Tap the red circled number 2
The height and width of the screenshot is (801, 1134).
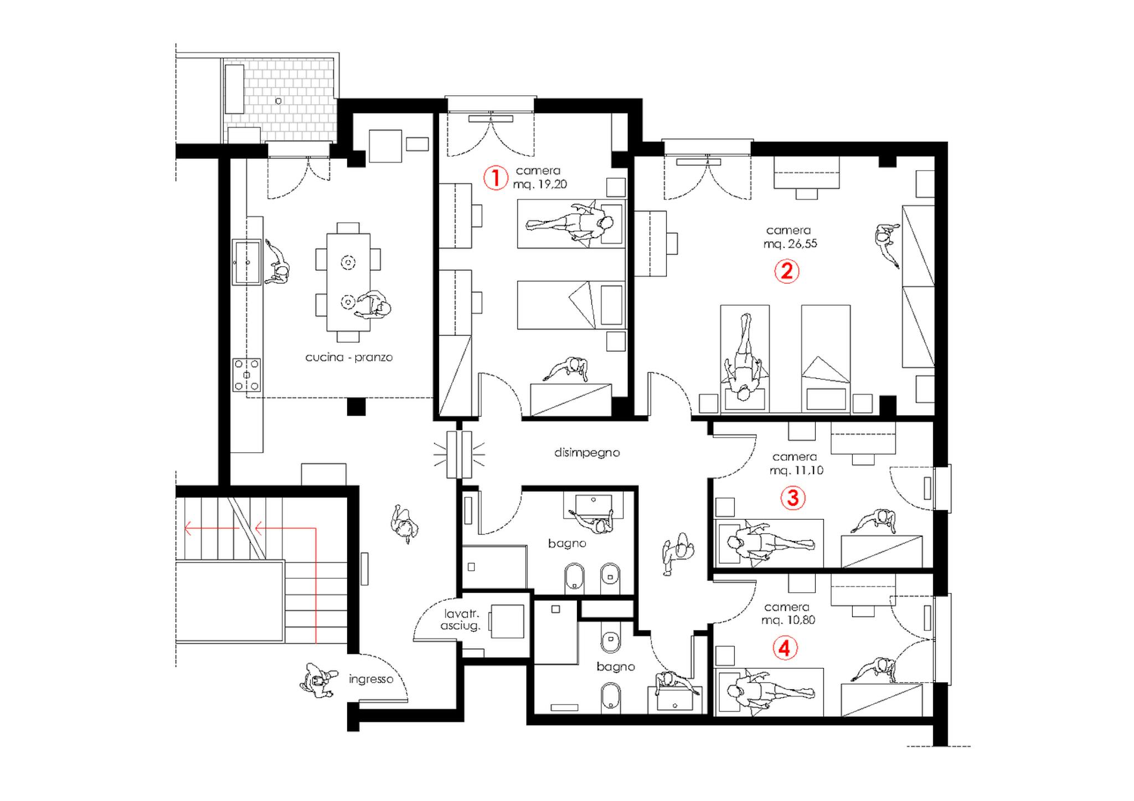(x=786, y=271)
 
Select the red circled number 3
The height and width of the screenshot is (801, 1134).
(x=793, y=497)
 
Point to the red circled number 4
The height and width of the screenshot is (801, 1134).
(x=785, y=648)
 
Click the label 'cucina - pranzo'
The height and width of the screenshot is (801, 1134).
(x=349, y=357)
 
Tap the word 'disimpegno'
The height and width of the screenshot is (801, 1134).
(x=587, y=453)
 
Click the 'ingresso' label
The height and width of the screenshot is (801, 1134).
(x=371, y=679)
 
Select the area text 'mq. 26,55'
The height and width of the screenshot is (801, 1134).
(x=790, y=244)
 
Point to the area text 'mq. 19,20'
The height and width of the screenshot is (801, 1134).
(x=540, y=184)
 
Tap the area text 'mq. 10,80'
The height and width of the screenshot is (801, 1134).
(x=788, y=620)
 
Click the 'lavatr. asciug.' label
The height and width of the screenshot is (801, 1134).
(x=461, y=620)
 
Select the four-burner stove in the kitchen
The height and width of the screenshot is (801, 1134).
(x=246, y=375)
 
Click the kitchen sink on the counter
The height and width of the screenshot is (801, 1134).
(x=246, y=261)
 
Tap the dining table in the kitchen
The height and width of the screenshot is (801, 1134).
(x=348, y=282)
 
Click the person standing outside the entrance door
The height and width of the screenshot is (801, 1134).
(x=318, y=680)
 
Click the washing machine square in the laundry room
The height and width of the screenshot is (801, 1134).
(x=507, y=621)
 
